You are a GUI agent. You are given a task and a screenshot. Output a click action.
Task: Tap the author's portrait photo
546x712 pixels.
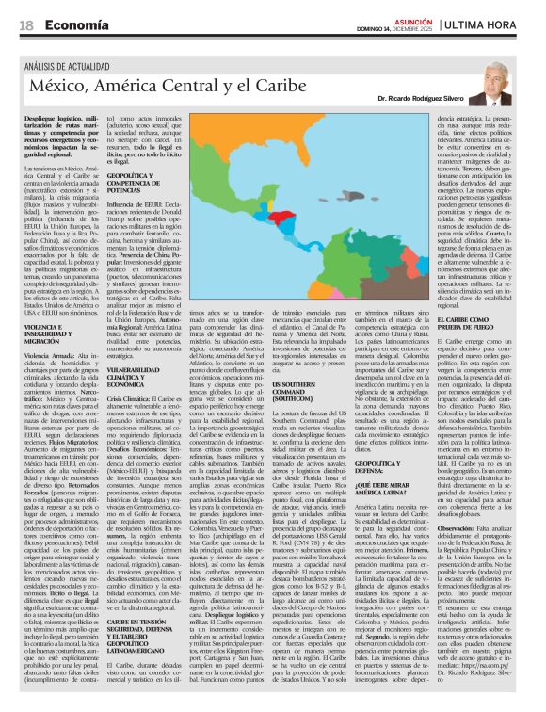click(490, 87)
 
